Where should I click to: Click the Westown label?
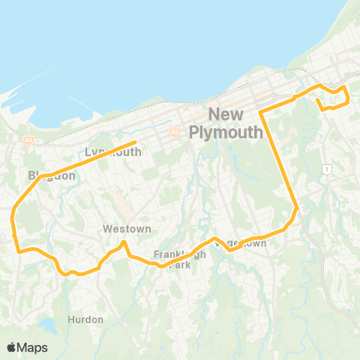(127, 229)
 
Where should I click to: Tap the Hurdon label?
(85, 319)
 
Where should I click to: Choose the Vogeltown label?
(241, 244)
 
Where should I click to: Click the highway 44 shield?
(28, 139)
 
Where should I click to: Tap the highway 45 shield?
(174, 131)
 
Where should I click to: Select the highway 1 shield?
(328, 169)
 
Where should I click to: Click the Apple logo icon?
(11, 347)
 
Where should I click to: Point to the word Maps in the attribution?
(32, 347)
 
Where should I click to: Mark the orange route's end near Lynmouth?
(135, 142)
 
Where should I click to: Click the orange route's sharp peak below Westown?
(124, 242)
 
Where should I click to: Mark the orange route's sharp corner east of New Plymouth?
(261, 112)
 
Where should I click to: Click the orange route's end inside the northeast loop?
(317, 99)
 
